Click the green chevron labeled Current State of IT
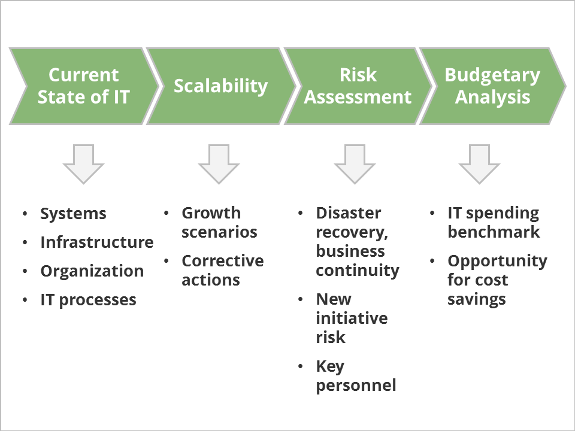click(84, 86)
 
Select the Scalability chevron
click(220, 86)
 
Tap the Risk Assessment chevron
click(358, 86)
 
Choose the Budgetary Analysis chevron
click(492, 86)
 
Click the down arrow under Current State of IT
click(84, 163)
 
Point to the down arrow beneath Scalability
click(219, 163)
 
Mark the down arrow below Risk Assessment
click(355, 163)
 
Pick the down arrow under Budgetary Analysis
click(479, 163)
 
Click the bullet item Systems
click(73, 214)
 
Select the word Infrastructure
click(97, 242)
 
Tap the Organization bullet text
click(92, 271)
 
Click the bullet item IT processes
click(89, 300)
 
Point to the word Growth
click(211, 213)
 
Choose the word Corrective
click(223, 261)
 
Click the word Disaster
click(349, 213)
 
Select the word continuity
click(358, 271)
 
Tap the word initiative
click(352, 318)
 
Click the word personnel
click(356, 386)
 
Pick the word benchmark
click(494, 232)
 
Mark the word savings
click(477, 299)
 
